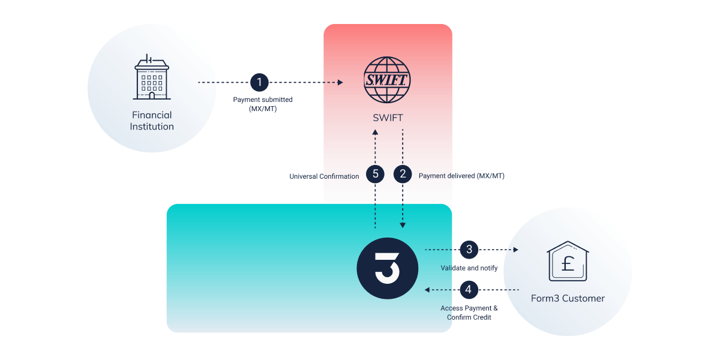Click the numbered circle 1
(x=259, y=83)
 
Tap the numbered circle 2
(x=403, y=174)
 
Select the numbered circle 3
(x=469, y=250)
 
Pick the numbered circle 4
(x=469, y=290)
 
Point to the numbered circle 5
(x=375, y=174)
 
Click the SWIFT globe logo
(x=387, y=80)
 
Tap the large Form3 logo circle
(x=388, y=268)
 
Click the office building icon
(x=152, y=77)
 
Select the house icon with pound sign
(x=568, y=261)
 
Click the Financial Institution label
(x=152, y=121)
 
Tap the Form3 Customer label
(x=568, y=298)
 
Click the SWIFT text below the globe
(x=388, y=118)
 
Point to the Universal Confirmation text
(x=324, y=176)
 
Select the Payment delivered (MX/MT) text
(x=461, y=176)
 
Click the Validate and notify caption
(x=469, y=268)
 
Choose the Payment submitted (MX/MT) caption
(x=263, y=104)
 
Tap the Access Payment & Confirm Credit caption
(x=469, y=313)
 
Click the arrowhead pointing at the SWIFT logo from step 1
(x=340, y=83)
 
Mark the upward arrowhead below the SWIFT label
(x=375, y=132)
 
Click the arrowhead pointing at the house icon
(x=515, y=250)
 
